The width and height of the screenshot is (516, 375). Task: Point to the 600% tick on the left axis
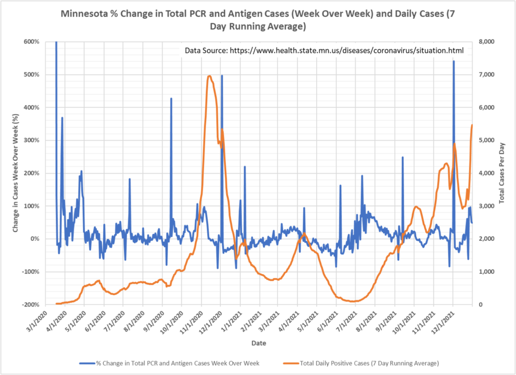click(31, 42)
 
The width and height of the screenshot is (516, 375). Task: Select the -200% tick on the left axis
click(30, 304)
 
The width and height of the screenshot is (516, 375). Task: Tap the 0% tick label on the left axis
click(34, 239)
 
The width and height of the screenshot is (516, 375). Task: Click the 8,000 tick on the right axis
click(486, 42)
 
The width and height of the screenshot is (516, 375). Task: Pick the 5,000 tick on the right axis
click(486, 140)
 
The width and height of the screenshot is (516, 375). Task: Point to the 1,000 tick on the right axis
click(486, 272)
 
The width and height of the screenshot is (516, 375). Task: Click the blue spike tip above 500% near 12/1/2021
click(454, 61)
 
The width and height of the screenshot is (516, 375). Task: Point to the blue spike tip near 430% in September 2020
click(171, 98)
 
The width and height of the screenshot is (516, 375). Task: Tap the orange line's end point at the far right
click(472, 124)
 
